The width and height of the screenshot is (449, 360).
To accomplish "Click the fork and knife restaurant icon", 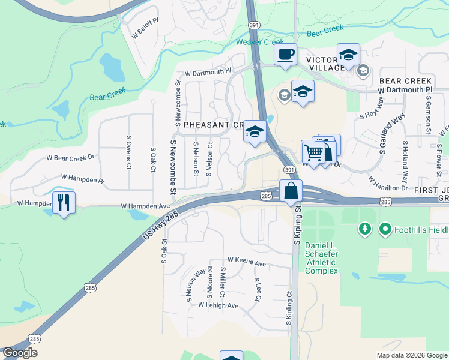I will [x=64, y=202].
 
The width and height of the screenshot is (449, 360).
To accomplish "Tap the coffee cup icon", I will [x=285, y=54].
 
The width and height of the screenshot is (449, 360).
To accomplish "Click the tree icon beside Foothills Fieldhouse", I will [x=364, y=229].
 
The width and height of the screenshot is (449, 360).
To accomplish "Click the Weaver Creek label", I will [x=259, y=42].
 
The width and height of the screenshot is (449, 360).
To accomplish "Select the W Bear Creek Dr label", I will [x=71, y=158].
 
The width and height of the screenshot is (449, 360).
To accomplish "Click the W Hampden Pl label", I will [x=83, y=179].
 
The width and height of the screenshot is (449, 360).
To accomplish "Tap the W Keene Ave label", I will [x=247, y=263].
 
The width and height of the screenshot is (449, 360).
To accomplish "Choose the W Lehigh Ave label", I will [x=219, y=305].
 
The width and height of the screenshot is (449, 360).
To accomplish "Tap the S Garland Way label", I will [x=390, y=133].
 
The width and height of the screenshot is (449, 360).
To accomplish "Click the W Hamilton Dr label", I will [x=388, y=183].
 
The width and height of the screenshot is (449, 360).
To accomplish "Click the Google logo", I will [x=20, y=353].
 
